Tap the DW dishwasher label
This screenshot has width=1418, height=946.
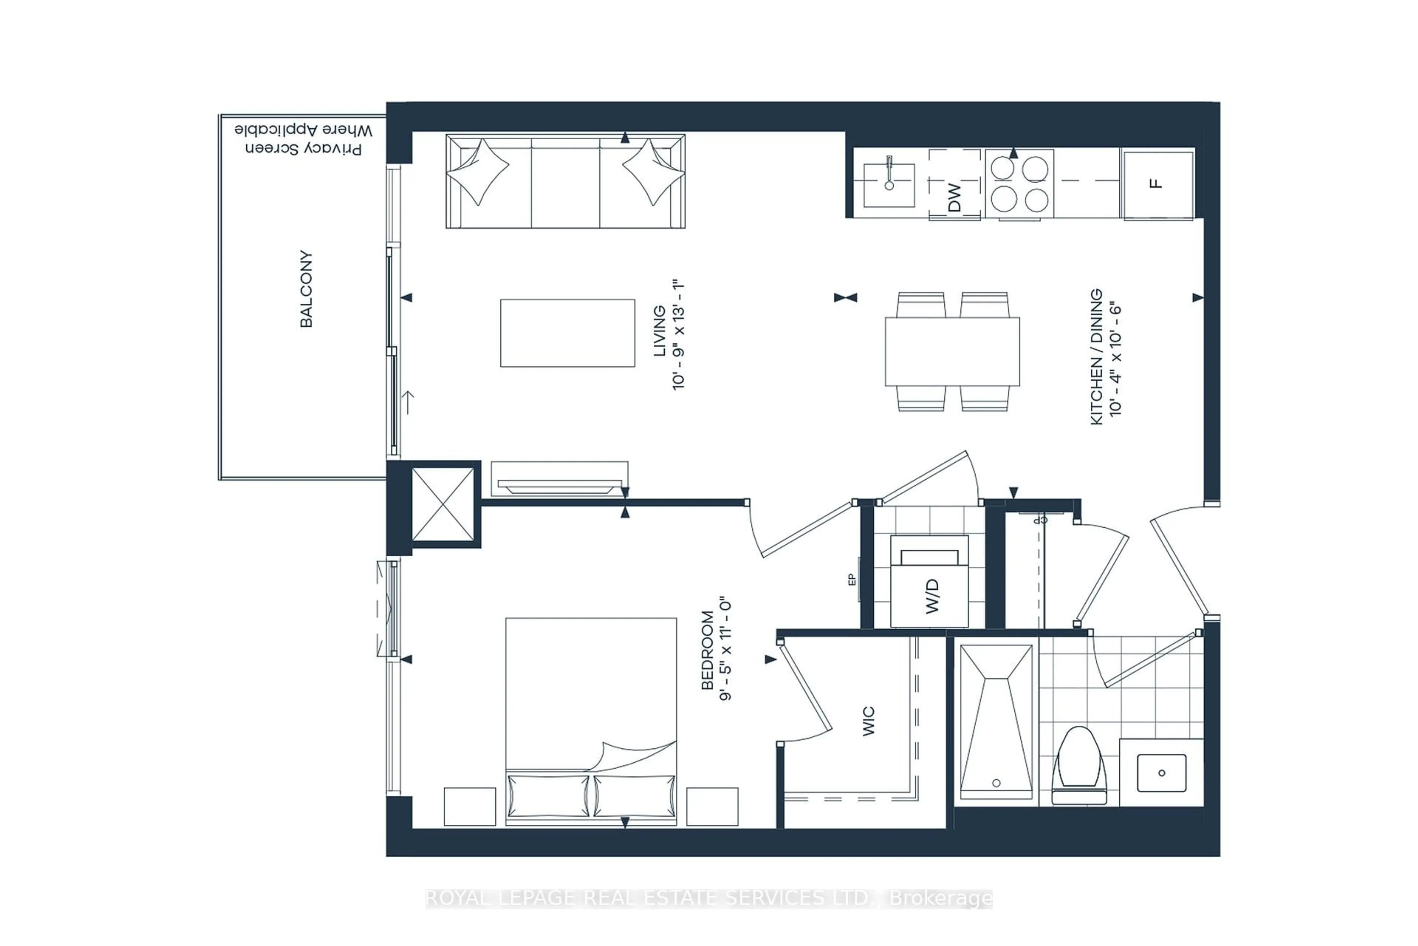[x=954, y=197]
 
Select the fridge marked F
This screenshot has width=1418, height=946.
[x=1158, y=184]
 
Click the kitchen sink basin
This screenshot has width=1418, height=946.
[x=889, y=185]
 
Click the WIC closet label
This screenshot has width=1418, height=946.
[x=868, y=721]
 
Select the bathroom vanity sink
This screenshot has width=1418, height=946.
[x=1161, y=773]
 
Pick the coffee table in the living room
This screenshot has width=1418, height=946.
[x=567, y=333]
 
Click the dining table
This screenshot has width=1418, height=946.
[x=952, y=351]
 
